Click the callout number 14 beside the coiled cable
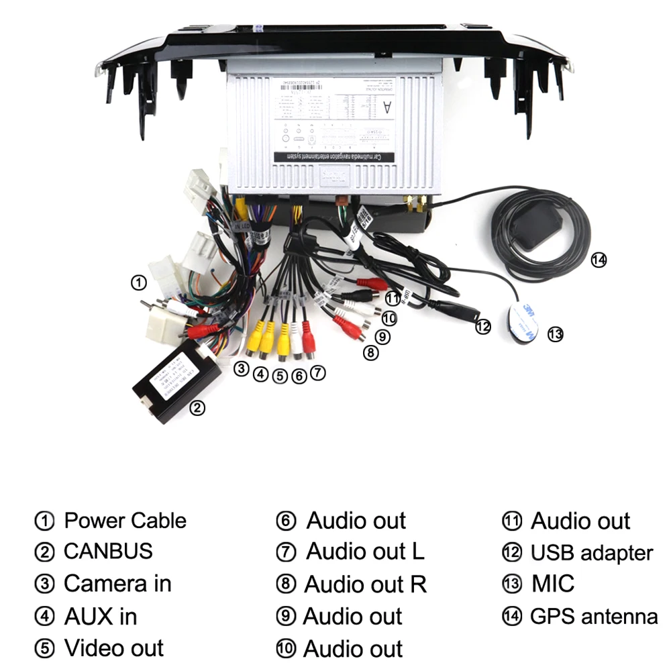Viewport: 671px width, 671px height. point(599,260)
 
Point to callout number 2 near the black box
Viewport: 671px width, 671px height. point(197,407)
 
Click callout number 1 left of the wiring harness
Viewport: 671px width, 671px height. point(138,282)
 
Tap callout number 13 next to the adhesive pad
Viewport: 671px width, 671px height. point(555,333)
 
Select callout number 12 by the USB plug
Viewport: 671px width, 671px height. point(483,327)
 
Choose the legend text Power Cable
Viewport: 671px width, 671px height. point(125,521)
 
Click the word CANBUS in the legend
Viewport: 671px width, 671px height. point(108,552)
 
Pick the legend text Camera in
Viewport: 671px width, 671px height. point(117,584)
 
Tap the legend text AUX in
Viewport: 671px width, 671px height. point(100,616)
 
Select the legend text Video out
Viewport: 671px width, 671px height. point(113,648)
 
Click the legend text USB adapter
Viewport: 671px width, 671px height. point(591,553)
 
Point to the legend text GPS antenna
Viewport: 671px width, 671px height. point(593,616)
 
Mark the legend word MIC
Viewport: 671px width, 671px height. point(553,584)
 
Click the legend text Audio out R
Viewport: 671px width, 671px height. point(365,584)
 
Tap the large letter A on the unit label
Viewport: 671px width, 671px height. point(386,107)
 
